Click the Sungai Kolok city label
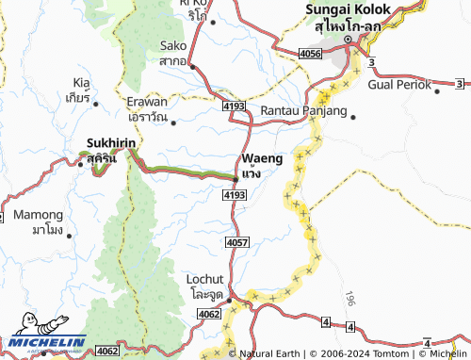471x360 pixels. [341, 10]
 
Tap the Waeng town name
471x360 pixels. [261, 158]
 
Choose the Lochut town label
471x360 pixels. [205, 281]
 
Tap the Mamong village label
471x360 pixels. [40, 215]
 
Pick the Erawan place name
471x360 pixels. [147, 103]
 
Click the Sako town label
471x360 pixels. [174, 45]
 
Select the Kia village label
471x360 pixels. [79, 82]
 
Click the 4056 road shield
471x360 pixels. [309, 56]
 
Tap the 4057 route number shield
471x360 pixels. [237, 243]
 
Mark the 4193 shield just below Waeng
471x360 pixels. [235, 194]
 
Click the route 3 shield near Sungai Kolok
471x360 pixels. [372, 62]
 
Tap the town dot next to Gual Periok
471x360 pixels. [437, 91]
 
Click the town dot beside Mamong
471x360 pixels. [71, 232]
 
